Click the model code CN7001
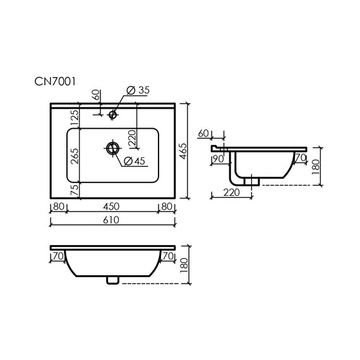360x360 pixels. (x=55, y=81)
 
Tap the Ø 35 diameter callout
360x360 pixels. (x=138, y=90)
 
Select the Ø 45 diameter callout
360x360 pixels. (x=135, y=161)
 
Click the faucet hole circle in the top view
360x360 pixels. (x=112, y=114)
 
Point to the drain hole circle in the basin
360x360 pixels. (x=112, y=148)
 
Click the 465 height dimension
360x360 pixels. (x=183, y=151)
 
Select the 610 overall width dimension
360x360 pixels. (x=111, y=220)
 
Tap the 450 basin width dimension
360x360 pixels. (x=111, y=207)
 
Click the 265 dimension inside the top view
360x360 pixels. (x=75, y=156)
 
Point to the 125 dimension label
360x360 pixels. (x=75, y=117)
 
